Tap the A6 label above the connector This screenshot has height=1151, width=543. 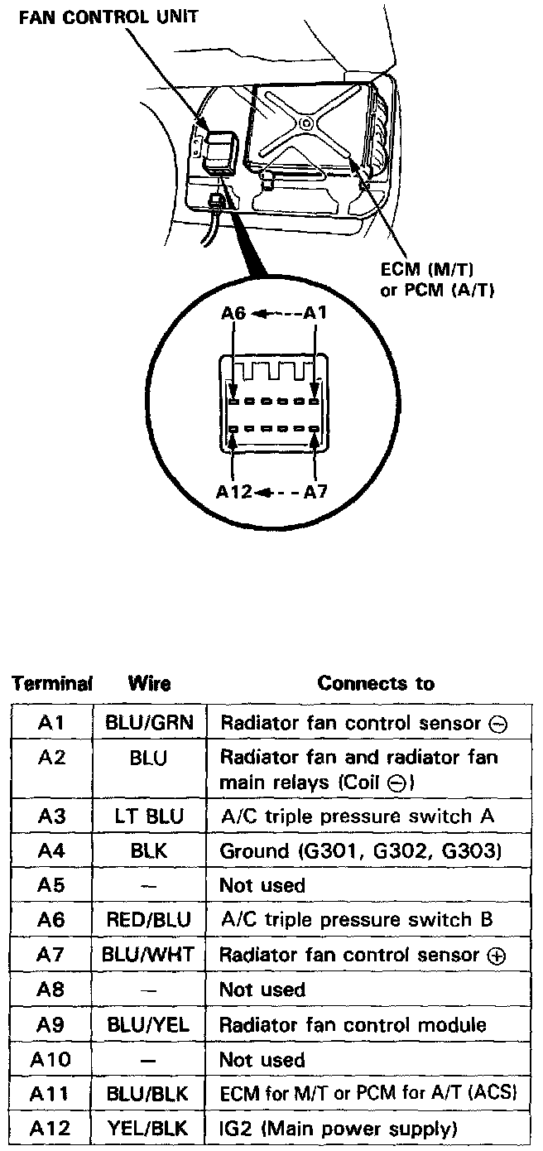233,314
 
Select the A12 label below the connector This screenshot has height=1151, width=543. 235,491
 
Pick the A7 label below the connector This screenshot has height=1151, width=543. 315,491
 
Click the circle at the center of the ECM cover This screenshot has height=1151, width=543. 307,123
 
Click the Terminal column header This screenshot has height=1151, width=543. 50,684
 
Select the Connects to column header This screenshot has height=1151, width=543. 376,684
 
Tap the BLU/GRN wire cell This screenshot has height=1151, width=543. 149,723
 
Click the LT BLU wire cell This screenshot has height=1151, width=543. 149,816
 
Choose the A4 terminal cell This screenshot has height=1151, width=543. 51,851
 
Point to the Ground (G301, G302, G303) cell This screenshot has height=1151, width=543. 360,851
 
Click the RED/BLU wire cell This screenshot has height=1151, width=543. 149,920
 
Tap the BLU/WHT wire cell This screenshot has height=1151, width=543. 149,955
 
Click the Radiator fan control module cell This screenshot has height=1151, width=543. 353,1024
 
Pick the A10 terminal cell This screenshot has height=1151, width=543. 51,1059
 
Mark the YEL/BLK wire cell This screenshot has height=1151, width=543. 149,1128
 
